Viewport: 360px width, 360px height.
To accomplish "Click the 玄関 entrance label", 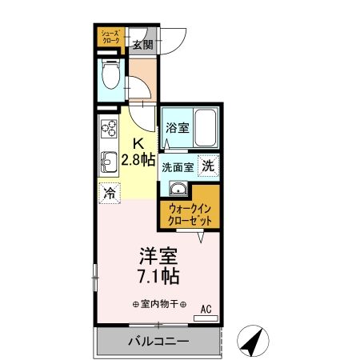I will tap(142, 43).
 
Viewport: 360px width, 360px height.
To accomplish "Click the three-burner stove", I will tap(107, 128).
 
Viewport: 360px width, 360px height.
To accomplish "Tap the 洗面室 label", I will tap(177, 167).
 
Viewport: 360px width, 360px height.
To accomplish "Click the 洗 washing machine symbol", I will tap(208, 166).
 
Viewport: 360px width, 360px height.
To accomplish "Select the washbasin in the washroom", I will tap(178, 190).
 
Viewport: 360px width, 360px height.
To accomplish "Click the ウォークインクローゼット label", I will tap(191, 214).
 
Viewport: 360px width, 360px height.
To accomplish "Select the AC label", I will tap(206, 307).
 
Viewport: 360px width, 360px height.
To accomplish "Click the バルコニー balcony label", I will tap(158, 342).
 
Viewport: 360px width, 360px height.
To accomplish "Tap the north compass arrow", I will tap(255, 342).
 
